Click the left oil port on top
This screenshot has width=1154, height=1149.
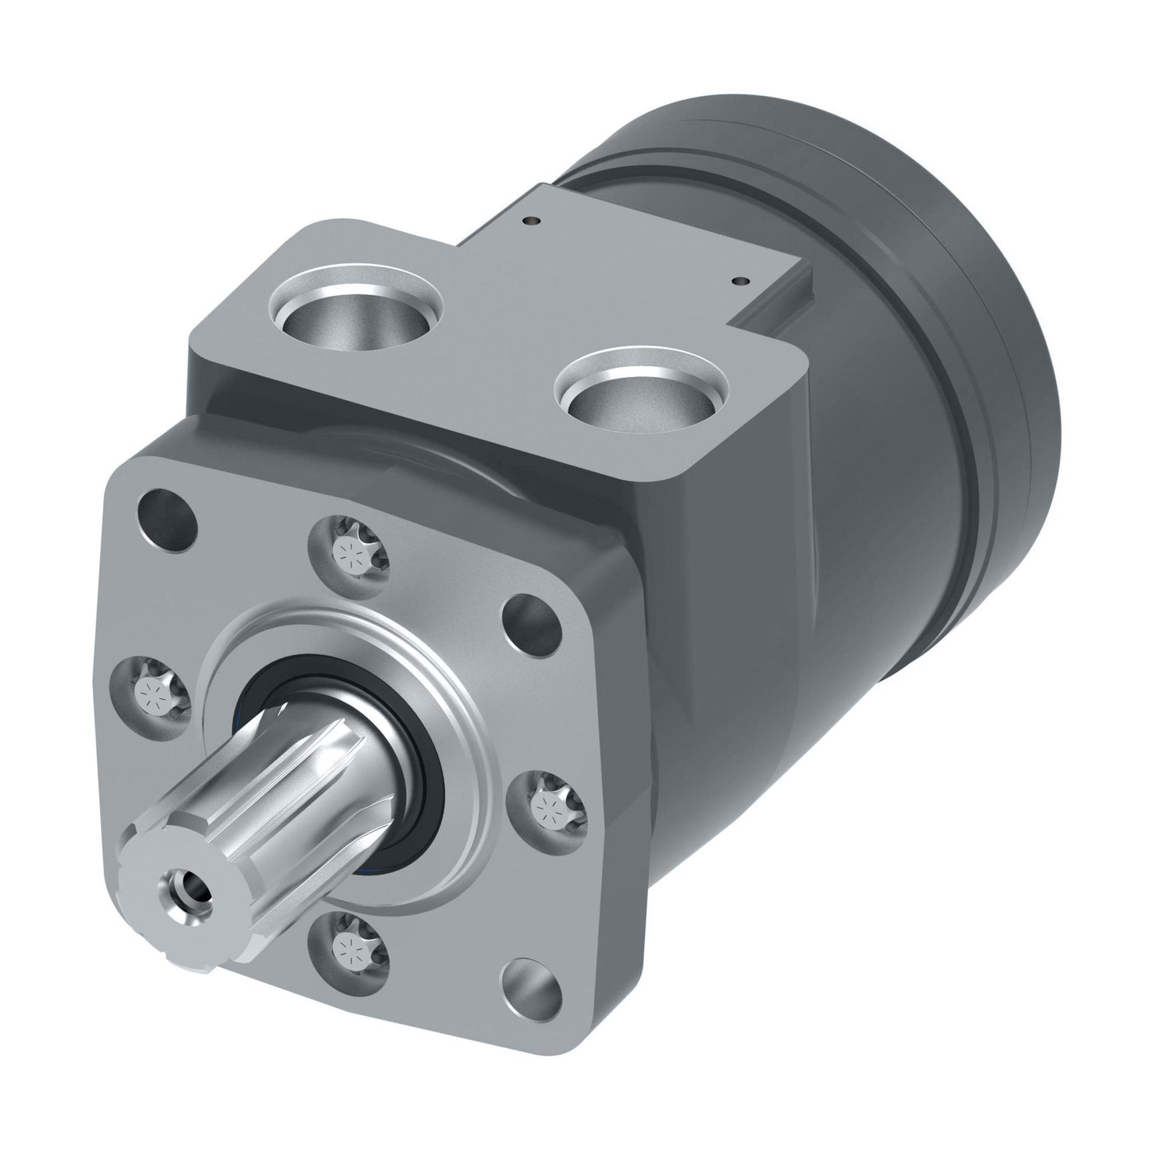(356, 312)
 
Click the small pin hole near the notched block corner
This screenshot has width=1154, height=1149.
(740, 280)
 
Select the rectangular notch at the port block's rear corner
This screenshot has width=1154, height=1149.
(775, 300)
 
